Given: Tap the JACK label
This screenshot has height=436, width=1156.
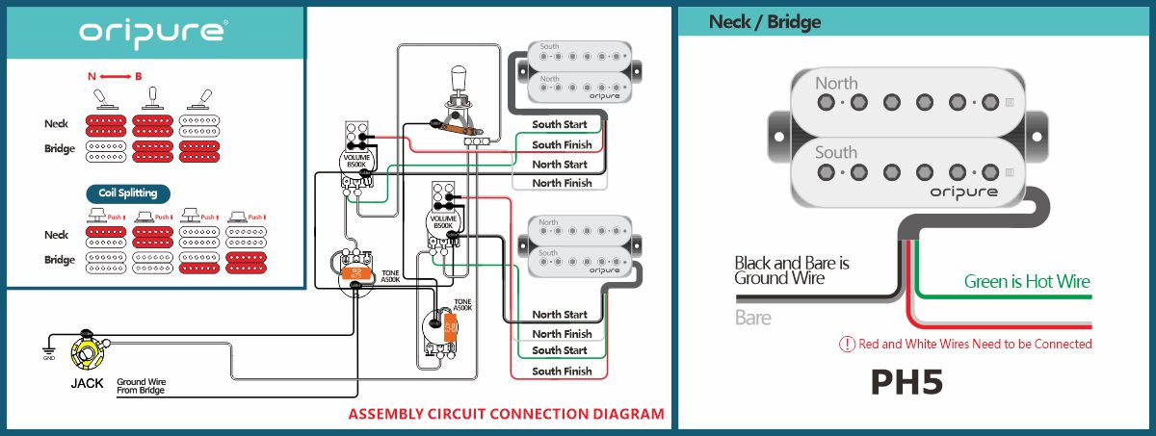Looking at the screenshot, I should click(x=87, y=383).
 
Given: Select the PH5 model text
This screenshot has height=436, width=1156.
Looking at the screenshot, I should click(x=906, y=382).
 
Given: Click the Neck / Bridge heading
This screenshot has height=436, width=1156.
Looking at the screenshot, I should click(x=764, y=22).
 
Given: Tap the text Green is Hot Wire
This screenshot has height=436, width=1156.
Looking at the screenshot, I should click(x=1027, y=282).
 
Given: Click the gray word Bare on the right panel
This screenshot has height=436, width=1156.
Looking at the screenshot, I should click(x=753, y=317).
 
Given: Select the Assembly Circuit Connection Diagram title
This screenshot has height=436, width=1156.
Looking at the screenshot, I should click(x=506, y=415).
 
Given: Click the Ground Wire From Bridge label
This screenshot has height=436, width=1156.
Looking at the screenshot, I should click(x=142, y=386).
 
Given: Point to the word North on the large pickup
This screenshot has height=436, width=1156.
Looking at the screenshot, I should click(x=836, y=84).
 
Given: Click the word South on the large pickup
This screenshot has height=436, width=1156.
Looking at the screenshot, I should click(x=836, y=152).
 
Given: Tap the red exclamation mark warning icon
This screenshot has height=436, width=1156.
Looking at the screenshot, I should click(x=848, y=344).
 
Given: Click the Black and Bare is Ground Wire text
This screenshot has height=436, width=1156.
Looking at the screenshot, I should click(x=792, y=269).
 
